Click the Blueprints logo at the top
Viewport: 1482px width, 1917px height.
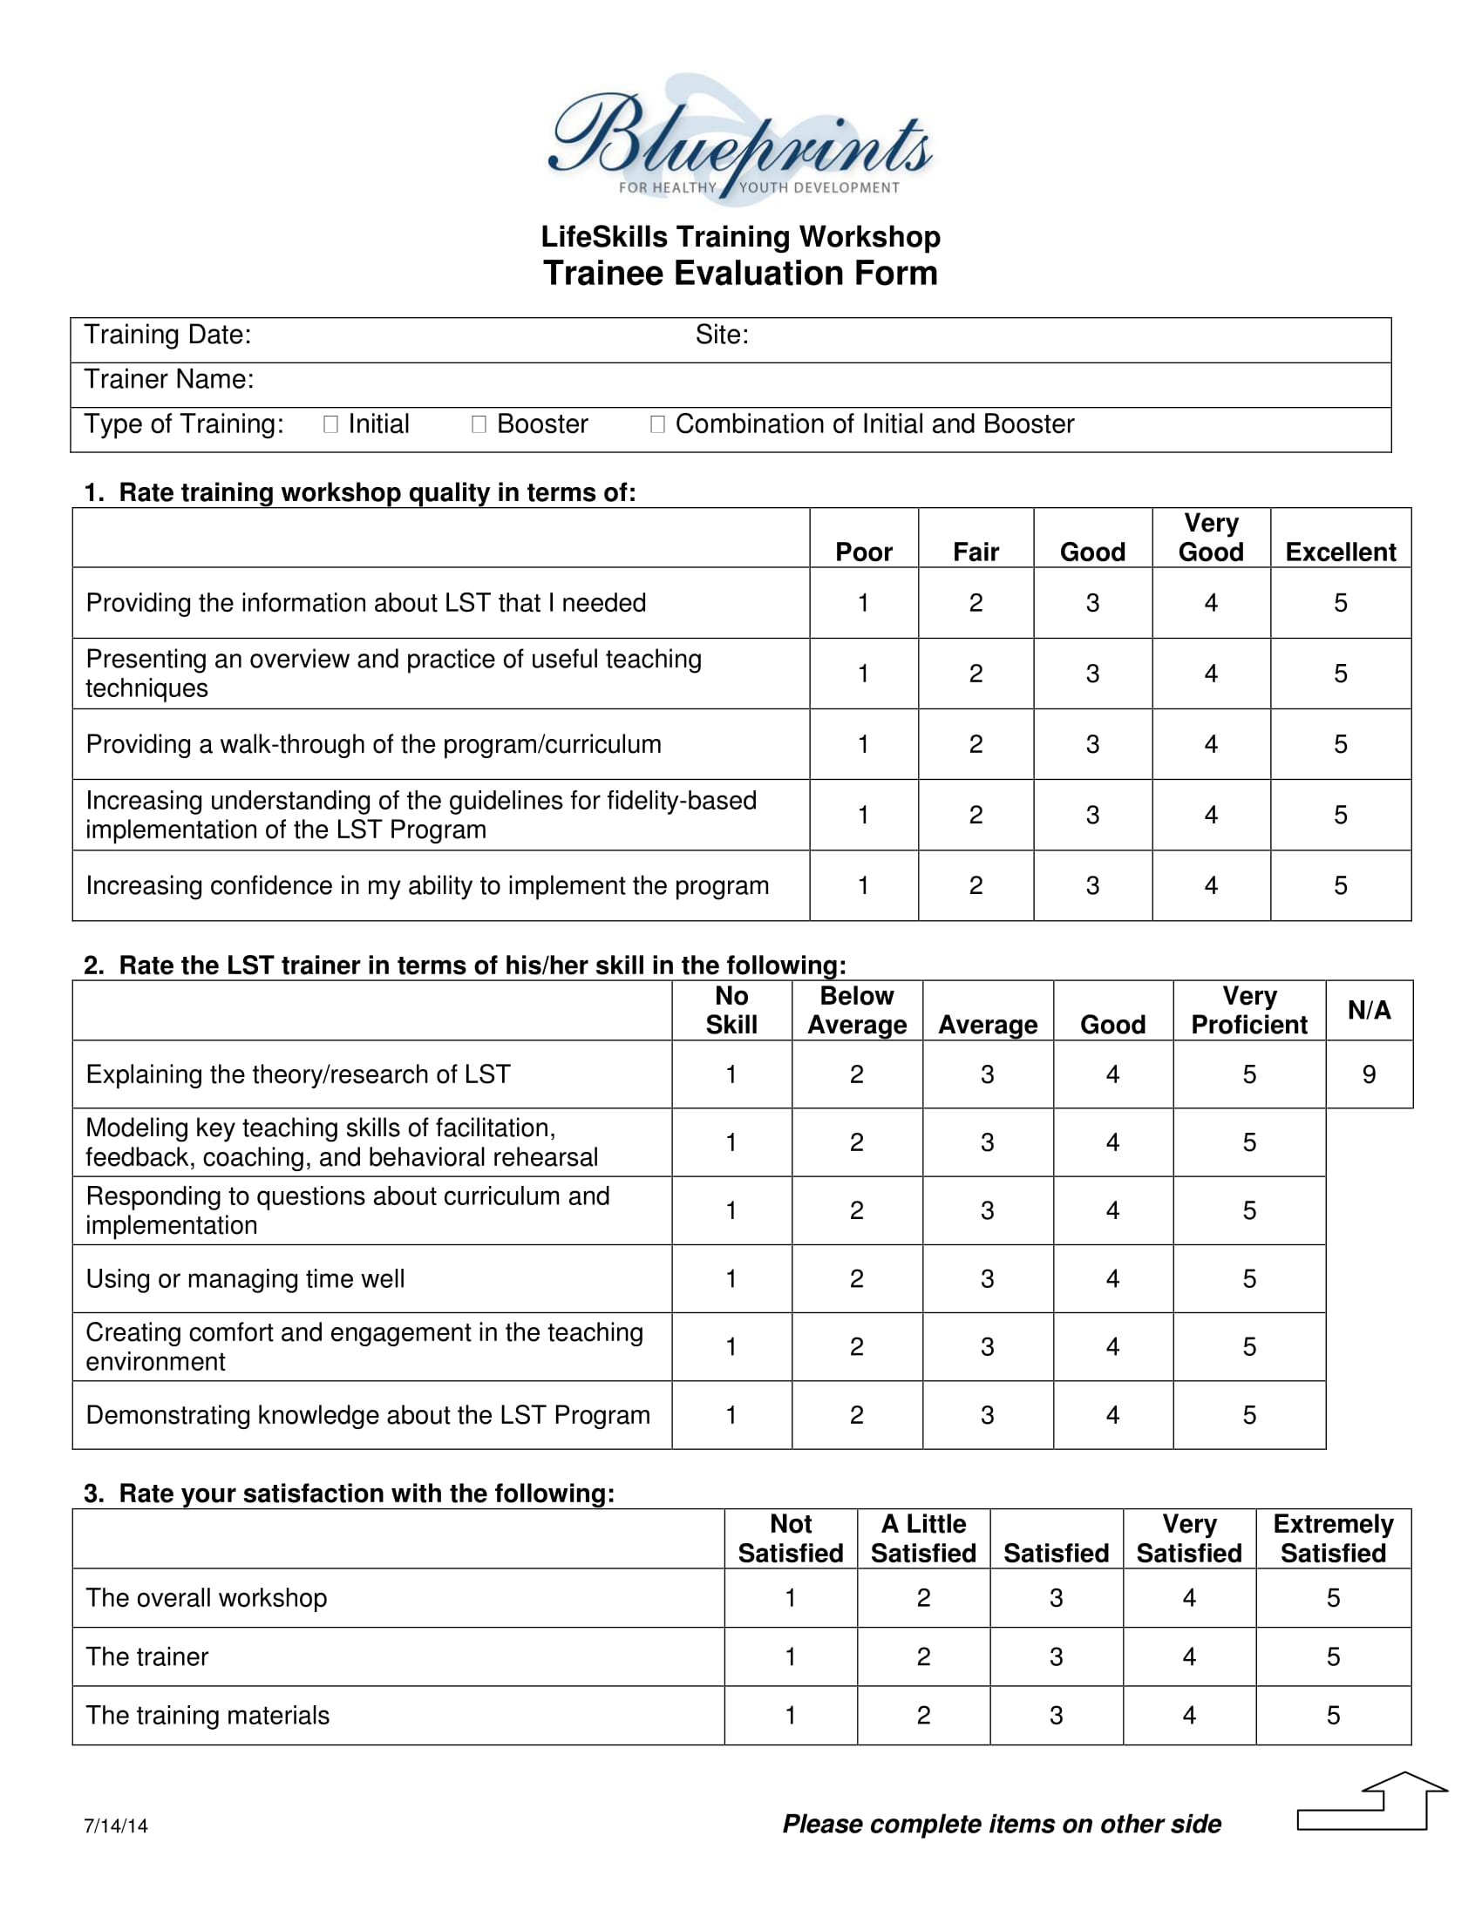point(740,140)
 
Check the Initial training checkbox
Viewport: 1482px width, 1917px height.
point(331,425)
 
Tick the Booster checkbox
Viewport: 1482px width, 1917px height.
point(479,425)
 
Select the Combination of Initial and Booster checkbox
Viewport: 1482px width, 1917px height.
point(656,425)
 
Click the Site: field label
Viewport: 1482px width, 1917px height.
point(722,335)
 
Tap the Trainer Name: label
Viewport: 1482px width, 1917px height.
point(168,379)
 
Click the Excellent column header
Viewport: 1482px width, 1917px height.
point(1340,552)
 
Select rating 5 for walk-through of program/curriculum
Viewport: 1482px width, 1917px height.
point(1340,744)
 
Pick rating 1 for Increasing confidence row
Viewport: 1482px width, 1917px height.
point(863,885)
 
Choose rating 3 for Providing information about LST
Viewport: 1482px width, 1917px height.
point(1092,603)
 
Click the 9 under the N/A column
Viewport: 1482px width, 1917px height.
point(1369,1074)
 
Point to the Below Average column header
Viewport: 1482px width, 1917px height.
point(857,1010)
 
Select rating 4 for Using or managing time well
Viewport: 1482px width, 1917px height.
point(1112,1279)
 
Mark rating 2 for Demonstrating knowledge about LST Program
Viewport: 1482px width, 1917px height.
point(857,1415)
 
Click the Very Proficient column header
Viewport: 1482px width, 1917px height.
point(1248,1010)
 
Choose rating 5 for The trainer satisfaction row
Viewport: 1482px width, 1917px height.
point(1333,1656)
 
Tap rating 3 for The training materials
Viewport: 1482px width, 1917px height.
point(1057,1715)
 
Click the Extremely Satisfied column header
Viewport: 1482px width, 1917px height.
point(1333,1539)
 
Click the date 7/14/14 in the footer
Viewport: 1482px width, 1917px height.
point(116,1826)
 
